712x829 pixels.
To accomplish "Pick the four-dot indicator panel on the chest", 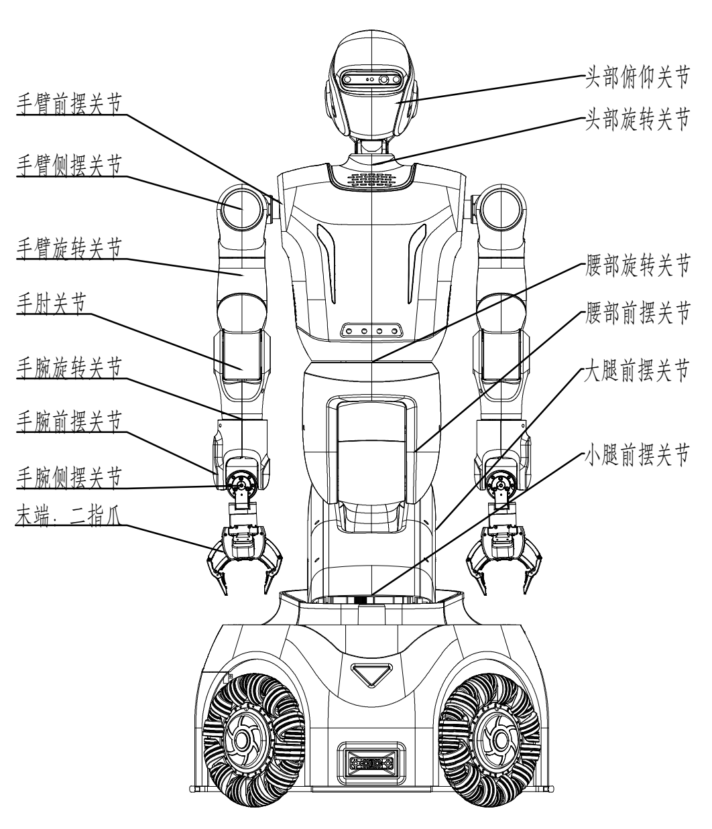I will point(372,330).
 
